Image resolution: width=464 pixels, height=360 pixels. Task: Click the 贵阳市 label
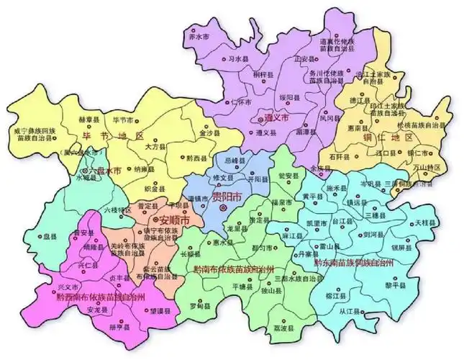pyautogui.click(x=227, y=197)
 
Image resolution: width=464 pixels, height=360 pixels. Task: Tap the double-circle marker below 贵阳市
pyautogui.click(x=223, y=208)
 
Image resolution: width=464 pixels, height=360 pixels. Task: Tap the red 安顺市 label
pyautogui.click(x=173, y=219)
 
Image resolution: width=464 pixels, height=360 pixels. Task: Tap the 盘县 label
pyautogui.click(x=50, y=236)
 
